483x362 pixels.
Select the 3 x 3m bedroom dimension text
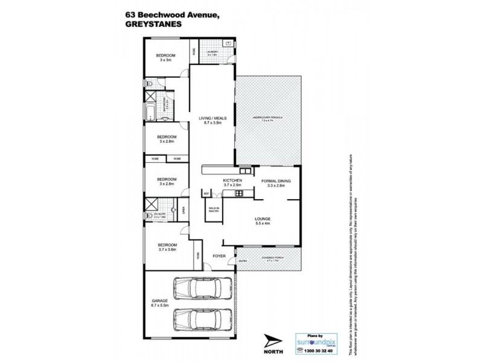click(167, 60)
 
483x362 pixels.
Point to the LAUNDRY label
click(212, 52)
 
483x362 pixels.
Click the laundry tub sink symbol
click(228, 43)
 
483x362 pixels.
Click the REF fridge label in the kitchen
click(206, 193)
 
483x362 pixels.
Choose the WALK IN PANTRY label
click(213, 210)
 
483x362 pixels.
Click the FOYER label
click(219, 256)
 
